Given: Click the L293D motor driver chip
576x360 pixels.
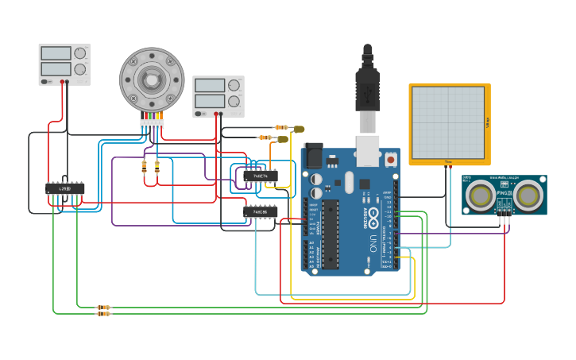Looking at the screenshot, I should (x=65, y=188).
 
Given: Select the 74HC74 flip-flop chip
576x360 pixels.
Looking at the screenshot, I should (x=261, y=176).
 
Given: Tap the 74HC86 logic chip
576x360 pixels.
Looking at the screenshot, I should (x=260, y=212).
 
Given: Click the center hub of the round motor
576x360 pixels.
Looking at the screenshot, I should (x=151, y=79).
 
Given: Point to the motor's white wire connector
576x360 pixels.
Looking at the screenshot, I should (x=152, y=123).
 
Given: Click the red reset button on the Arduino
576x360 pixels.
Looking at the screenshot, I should (x=390, y=159).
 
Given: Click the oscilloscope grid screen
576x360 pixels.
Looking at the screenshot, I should (x=448, y=122).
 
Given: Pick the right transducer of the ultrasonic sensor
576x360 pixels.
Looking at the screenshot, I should (x=528, y=195).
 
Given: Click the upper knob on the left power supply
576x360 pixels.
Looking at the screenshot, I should (x=79, y=54).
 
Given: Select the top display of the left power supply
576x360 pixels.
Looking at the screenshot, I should (x=56, y=53).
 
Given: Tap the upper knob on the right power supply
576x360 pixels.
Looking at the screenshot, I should (x=234, y=86).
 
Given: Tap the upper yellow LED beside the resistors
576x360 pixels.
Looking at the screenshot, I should (x=299, y=129).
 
